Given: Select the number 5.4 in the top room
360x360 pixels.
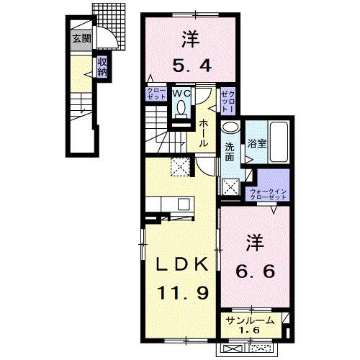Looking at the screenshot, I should click(192, 66).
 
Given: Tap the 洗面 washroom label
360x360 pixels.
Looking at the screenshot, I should click(230, 153).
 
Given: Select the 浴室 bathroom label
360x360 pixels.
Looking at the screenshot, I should click(257, 143).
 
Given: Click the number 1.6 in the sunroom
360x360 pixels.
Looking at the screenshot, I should click(248, 330).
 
